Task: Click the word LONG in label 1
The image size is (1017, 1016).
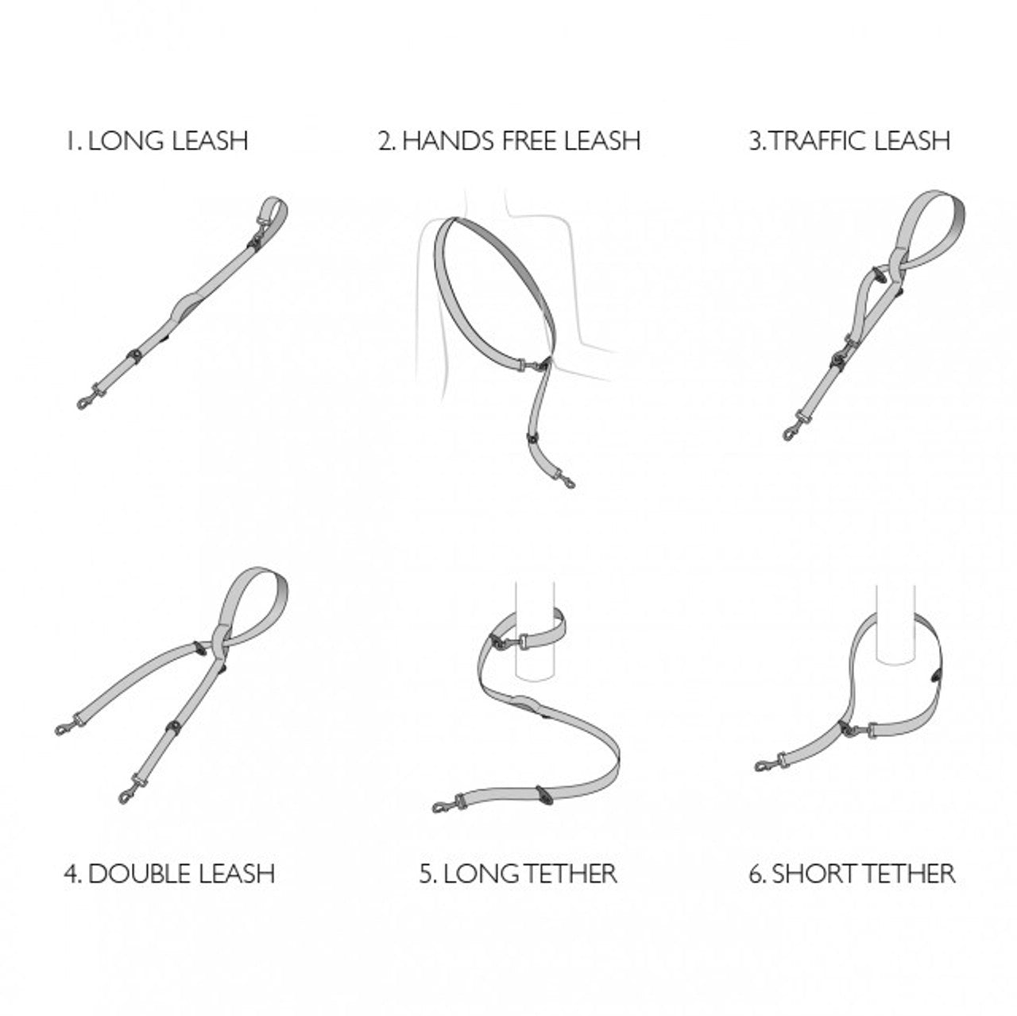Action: (x=126, y=141)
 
